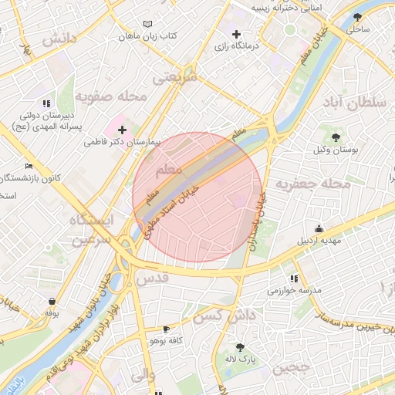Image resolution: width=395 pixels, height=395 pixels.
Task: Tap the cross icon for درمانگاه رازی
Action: (x=237, y=35)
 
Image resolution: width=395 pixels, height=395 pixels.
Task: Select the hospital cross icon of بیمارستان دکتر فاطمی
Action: (x=122, y=130)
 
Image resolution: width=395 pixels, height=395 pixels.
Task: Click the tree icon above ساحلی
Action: (x=356, y=17)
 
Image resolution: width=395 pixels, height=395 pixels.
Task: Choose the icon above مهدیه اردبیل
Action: (x=319, y=228)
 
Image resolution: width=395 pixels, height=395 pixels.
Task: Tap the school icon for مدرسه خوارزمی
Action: (x=293, y=279)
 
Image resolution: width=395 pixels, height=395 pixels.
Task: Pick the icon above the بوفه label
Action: (x=52, y=301)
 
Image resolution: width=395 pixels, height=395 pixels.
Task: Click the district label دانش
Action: (x=59, y=39)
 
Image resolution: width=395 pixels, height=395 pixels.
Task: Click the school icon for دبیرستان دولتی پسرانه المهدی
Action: (x=47, y=103)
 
